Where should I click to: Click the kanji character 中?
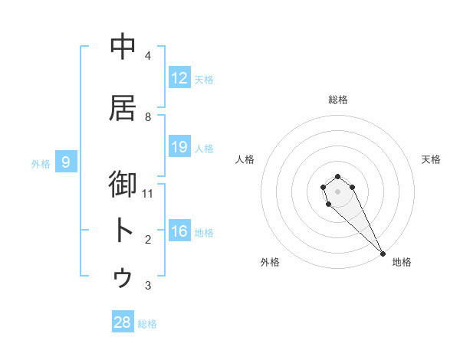123,47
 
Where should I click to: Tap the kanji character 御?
123,185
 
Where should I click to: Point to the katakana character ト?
123,231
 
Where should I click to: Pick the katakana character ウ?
123,277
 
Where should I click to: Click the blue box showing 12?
179,78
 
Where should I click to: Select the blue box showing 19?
179,147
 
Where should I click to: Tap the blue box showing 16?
179,232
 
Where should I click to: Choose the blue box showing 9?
67,162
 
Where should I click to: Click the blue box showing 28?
123,322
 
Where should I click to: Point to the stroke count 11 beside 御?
148,193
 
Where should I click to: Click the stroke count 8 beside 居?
148,116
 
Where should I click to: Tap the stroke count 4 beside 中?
148,55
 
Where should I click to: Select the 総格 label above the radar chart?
338,100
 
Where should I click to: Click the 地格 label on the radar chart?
402,263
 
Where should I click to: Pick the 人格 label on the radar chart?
245,159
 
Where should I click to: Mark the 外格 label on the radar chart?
270,263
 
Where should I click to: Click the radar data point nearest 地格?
383,254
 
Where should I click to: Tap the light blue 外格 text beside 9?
41,163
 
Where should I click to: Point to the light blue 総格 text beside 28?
147,324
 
